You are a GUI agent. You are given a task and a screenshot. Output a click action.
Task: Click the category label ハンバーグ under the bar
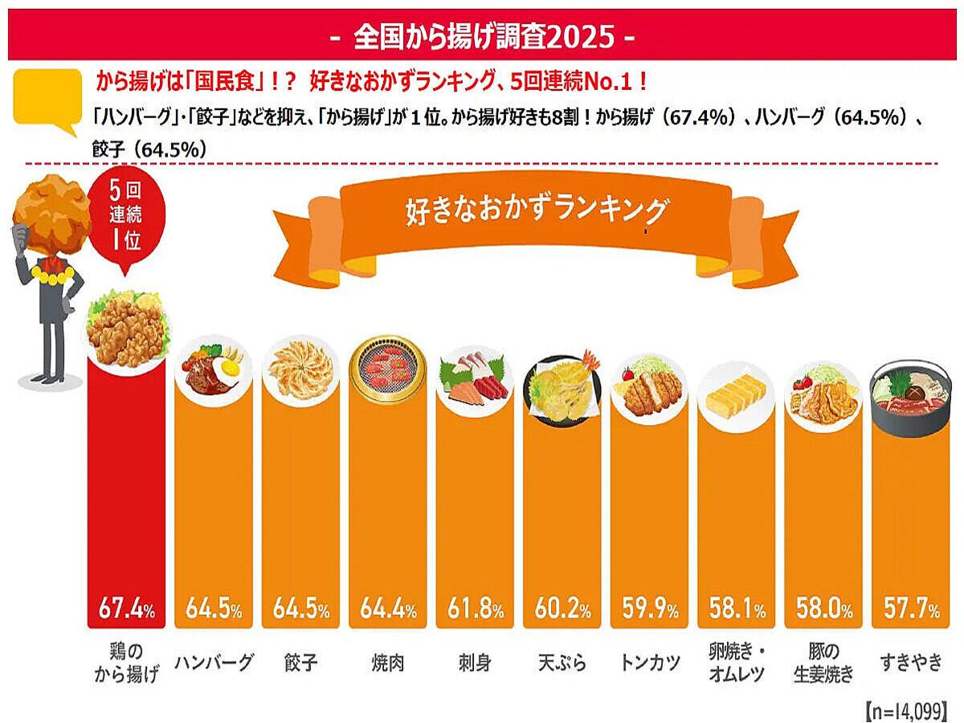(213, 664)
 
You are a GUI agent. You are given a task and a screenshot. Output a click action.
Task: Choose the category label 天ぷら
(562, 664)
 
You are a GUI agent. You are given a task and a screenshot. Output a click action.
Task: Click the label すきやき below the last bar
(910, 664)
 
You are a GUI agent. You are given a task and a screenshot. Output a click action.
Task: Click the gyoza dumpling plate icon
(300, 371)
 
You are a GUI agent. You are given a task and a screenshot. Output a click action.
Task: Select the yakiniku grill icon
(387, 371)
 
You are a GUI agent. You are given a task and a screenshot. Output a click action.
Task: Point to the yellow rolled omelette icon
(736, 395)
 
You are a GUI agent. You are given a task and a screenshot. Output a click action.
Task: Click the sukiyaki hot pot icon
(910, 398)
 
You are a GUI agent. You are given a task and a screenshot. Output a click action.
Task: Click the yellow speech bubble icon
(47, 98)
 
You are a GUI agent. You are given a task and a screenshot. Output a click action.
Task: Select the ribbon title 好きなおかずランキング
(537, 213)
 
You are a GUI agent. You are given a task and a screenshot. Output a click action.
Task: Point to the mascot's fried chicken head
(53, 212)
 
